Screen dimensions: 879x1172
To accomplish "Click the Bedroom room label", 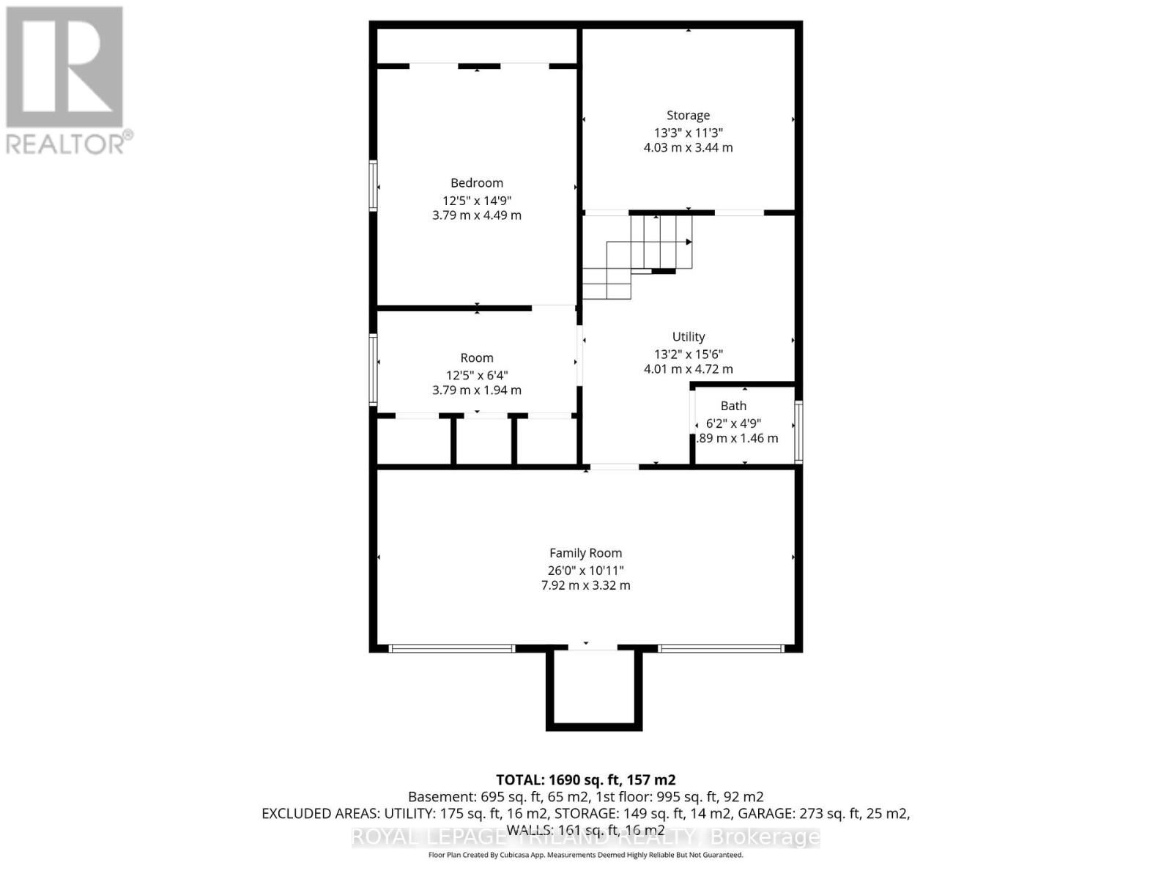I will pos(477,183).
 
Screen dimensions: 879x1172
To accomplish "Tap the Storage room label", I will pos(688,115).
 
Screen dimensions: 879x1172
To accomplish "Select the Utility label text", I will pos(688,337).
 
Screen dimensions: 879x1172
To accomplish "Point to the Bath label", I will pos(733,406).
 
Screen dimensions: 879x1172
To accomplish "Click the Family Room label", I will pos(585,554).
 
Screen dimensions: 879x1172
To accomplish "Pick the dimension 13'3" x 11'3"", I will pos(688,133).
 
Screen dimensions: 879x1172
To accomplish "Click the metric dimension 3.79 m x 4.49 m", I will pos(477,215).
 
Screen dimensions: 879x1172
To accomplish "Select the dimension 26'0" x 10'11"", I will pos(585,571).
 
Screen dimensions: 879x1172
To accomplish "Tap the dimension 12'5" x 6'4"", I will pos(477,375).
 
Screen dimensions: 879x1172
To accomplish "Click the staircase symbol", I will pos(645,253).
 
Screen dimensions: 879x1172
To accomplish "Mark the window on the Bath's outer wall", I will pos(799,431).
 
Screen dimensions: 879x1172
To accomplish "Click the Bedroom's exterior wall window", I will pos(373,186).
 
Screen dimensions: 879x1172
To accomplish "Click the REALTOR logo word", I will pos(70,142).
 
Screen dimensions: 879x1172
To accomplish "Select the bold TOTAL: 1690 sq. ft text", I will pos(585,780).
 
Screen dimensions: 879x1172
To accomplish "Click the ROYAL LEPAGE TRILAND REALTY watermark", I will pos(585,837).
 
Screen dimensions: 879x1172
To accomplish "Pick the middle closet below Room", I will pos(483,442).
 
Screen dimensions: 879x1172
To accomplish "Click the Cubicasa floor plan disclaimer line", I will pos(585,855).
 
